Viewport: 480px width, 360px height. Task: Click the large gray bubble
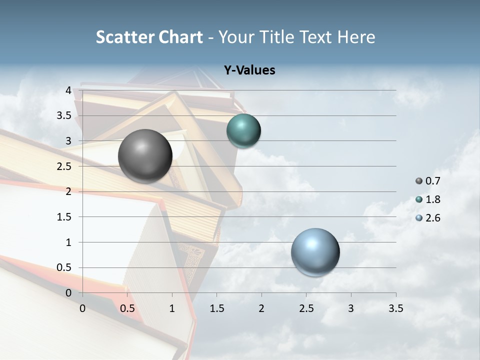(145, 156)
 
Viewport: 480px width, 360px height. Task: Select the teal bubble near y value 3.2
(243, 131)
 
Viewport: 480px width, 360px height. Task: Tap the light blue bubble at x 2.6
(315, 252)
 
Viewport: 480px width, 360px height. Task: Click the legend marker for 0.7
(419, 181)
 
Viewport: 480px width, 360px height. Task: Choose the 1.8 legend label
(432, 200)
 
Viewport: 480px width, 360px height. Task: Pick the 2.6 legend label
(432, 218)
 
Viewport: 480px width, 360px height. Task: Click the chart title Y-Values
(249, 70)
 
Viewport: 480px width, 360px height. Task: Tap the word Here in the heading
(356, 37)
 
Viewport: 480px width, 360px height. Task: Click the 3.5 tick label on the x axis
(395, 308)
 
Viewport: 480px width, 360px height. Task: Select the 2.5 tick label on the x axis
(306, 308)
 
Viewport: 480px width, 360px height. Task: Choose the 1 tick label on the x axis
(172, 308)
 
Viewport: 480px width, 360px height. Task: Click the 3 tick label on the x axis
(351, 308)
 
